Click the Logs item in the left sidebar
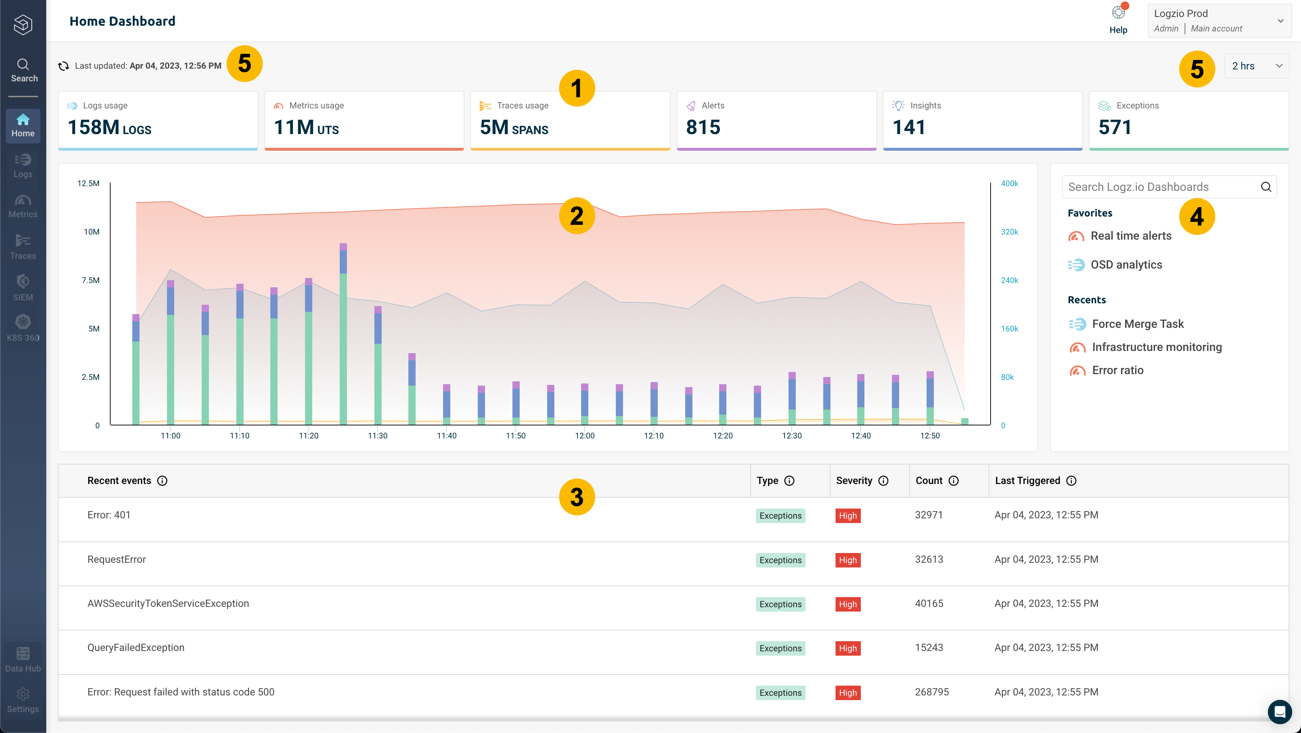tap(23, 166)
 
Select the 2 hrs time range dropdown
tap(1256, 66)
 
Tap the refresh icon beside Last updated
tap(64, 66)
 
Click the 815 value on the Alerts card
tap(703, 127)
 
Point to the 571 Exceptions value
tap(1115, 127)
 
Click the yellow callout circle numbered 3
tap(577, 497)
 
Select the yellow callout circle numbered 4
tap(1197, 217)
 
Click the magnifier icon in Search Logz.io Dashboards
tap(1266, 187)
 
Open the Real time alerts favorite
tap(1130, 236)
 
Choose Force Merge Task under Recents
tap(1137, 324)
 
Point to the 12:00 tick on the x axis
tap(584, 436)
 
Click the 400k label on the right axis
tap(1009, 183)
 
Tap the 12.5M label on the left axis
tap(89, 183)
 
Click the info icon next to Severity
tap(883, 481)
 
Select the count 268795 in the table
tap(931, 692)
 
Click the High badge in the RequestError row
tap(847, 560)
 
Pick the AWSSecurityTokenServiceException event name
tap(168, 604)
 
